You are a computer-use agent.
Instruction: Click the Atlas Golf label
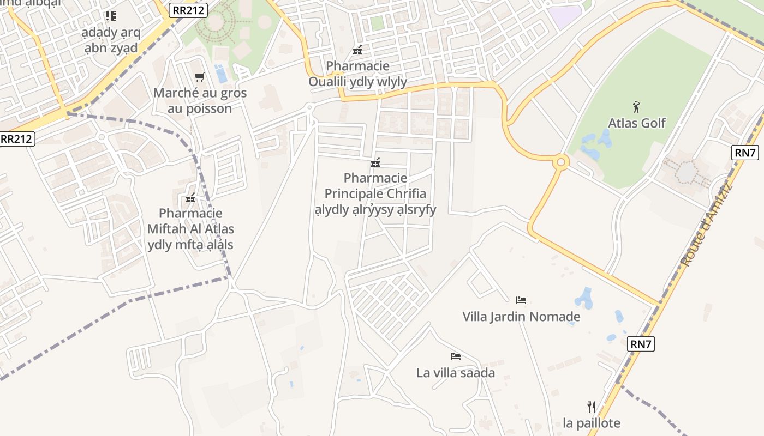click(637, 123)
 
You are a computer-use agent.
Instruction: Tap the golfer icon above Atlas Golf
click(636, 107)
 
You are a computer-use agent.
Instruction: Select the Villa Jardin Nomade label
click(521, 317)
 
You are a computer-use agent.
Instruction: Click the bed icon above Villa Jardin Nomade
click(521, 300)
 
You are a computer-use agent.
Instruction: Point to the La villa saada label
click(456, 373)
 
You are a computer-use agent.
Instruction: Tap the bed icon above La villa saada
click(456, 356)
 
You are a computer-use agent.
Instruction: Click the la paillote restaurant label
click(592, 423)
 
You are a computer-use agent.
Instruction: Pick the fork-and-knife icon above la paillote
click(592, 407)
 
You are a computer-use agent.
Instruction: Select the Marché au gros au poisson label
click(200, 100)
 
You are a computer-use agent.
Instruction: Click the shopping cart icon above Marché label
click(200, 77)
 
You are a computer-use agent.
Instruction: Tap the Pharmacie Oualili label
click(358, 74)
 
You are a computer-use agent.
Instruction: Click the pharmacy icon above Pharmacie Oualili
click(357, 50)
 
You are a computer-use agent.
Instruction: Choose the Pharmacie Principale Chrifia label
click(375, 193)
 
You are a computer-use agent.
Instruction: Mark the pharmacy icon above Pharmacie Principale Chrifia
click(375, 162)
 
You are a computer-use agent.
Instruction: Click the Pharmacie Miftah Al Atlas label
click(190, 229)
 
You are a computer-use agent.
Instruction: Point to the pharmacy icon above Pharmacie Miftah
click(190, 198)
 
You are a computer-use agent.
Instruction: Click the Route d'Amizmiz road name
click(706, 226)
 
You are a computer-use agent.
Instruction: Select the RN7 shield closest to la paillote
click(641, 344)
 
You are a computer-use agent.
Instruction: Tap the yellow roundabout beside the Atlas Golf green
click(560, 162)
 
